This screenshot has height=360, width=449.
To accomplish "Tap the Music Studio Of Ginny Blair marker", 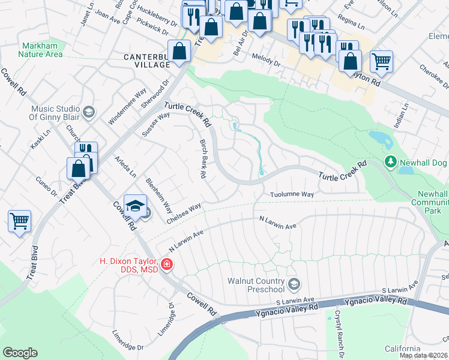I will tap(89, 112).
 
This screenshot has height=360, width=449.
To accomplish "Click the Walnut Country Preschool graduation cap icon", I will tap(294, 283).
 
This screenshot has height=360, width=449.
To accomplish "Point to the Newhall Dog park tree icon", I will tap(390, 162).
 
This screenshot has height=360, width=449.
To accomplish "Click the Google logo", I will tap(20, 353).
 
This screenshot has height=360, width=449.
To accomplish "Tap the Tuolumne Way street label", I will tap(292, 195).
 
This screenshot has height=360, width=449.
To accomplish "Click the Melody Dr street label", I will tap(270, 62).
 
